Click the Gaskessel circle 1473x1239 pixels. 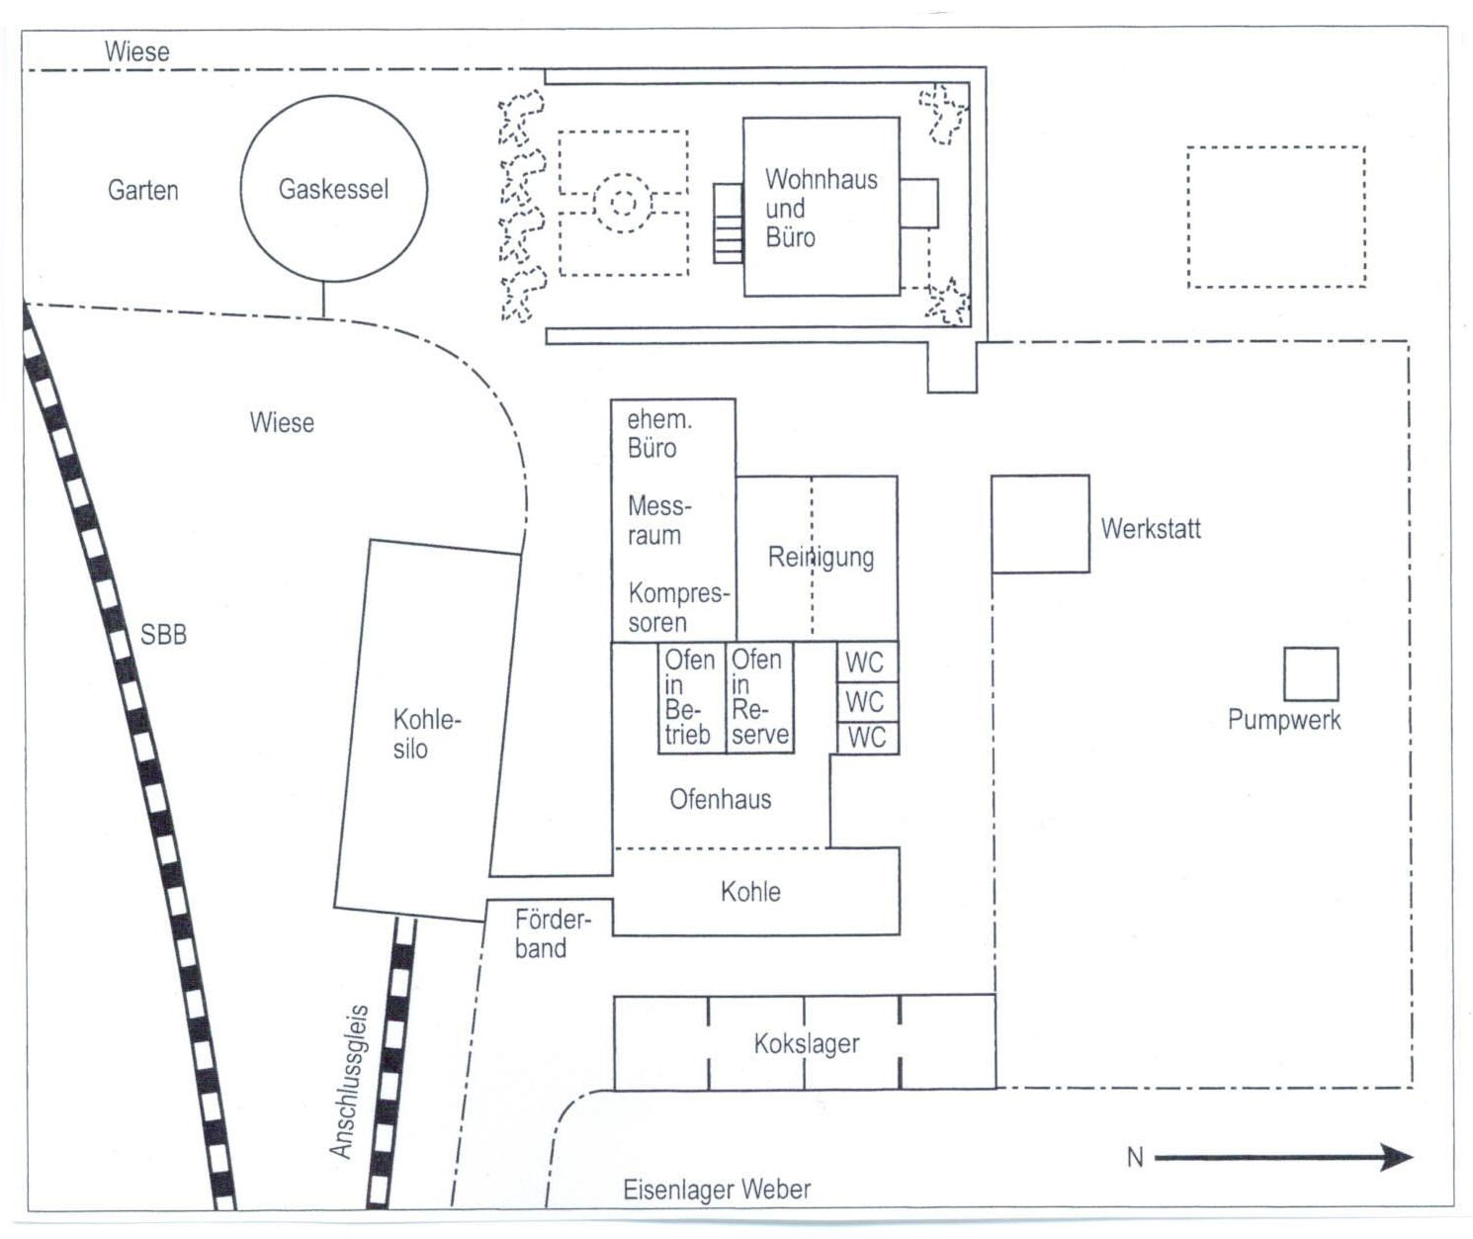334,189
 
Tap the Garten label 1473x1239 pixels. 143,190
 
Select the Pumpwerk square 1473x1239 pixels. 1311,674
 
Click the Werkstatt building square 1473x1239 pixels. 1040,524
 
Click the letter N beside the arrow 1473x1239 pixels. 1135,1158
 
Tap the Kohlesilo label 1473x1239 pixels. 426,734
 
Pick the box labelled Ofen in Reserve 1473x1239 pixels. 759,697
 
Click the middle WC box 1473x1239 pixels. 867,702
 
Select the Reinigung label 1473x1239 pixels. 821,557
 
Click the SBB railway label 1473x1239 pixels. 163,634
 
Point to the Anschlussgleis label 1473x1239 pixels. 349,1082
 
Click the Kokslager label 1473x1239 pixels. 806,1044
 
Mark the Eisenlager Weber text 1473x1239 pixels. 717,1190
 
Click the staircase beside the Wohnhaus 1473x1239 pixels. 729,222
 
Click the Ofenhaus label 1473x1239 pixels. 720,799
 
